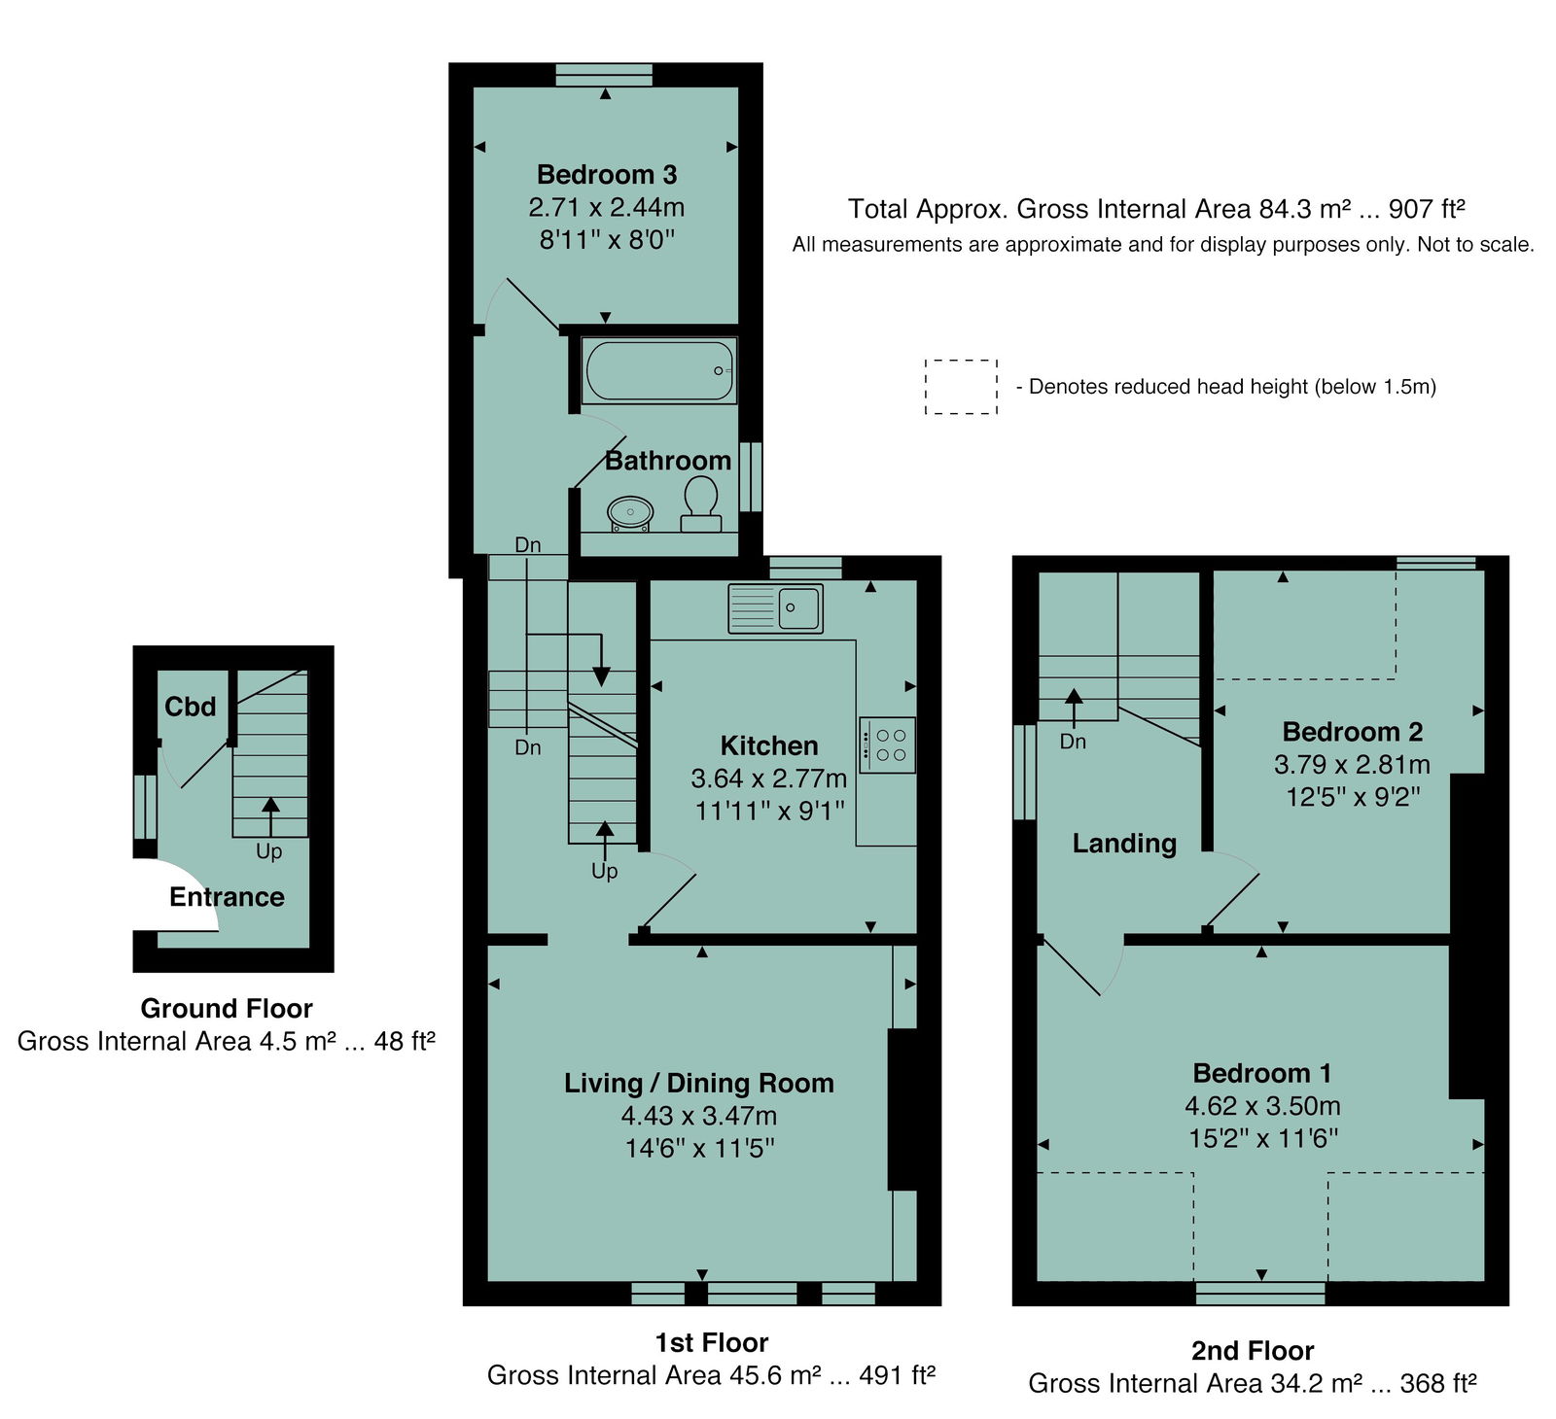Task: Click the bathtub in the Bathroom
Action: click(659, 370)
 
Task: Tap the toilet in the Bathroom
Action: click(700, 506)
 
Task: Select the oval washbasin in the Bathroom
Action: click(630, 513)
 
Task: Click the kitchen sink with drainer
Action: click(775, 608)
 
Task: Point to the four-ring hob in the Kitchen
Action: click(887, 744)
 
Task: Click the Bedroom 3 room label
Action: click(607, 175)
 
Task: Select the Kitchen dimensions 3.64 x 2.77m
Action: click(768, 779)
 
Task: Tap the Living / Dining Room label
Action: click(699, 1084)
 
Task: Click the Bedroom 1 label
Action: click(1262, 1074)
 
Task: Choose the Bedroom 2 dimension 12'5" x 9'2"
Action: click(1353, 797)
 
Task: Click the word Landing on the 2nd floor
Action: click(1124, 844)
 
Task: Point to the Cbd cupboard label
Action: click(191, 707)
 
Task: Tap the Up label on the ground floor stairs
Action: click(269, 851)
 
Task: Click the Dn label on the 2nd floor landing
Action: click(1073, 742)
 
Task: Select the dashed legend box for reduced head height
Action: click(961, 387)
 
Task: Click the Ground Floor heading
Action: click(227, 1009)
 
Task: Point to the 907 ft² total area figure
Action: click(1427, 209)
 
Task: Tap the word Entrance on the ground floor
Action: click(227, 897)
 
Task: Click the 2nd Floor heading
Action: click(1253, 1351)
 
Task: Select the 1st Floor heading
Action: click(712, 1343)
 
